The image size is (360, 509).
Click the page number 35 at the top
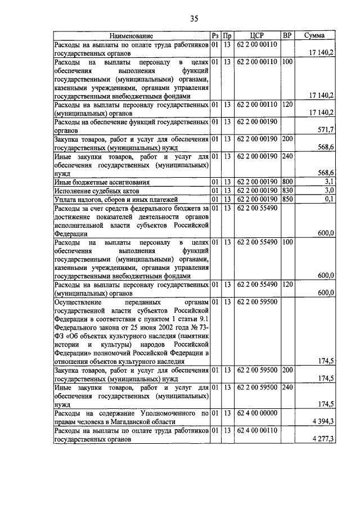pos(193,19)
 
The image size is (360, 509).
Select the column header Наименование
pos(131,35)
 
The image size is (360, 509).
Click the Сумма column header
pos(313,35)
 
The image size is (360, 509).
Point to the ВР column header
pos(287,35)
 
